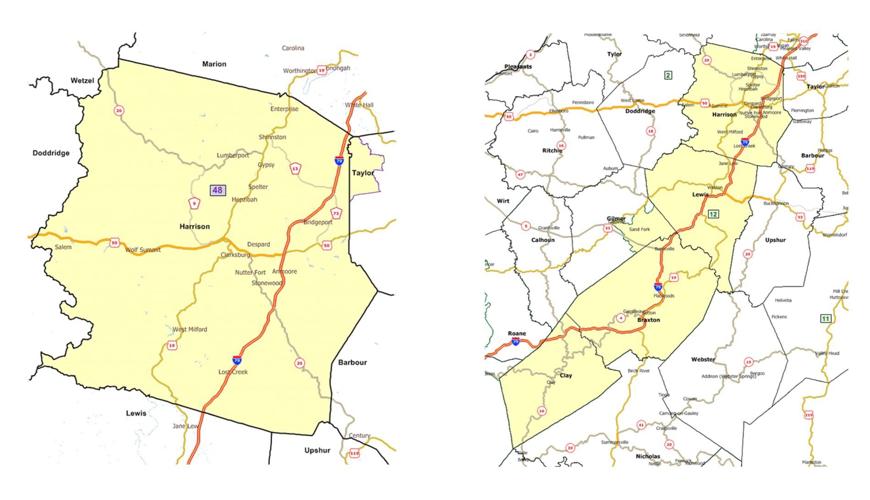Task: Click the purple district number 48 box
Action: [x=218, y=189]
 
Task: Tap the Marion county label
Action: [x=214, y=64]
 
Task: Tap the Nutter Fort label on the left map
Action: [x=251, y=272]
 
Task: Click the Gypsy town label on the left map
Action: [x=266, y=164]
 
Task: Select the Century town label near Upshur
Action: [x=360, y=436]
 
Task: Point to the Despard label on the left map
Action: [x=259, y=243]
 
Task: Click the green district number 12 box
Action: [x=713, y=214]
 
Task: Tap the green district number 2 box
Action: [x=667, y=75]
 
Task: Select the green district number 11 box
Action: [x=824, y=318]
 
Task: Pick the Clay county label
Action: [x=565, y=376]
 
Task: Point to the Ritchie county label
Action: [x=552, y=150]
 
